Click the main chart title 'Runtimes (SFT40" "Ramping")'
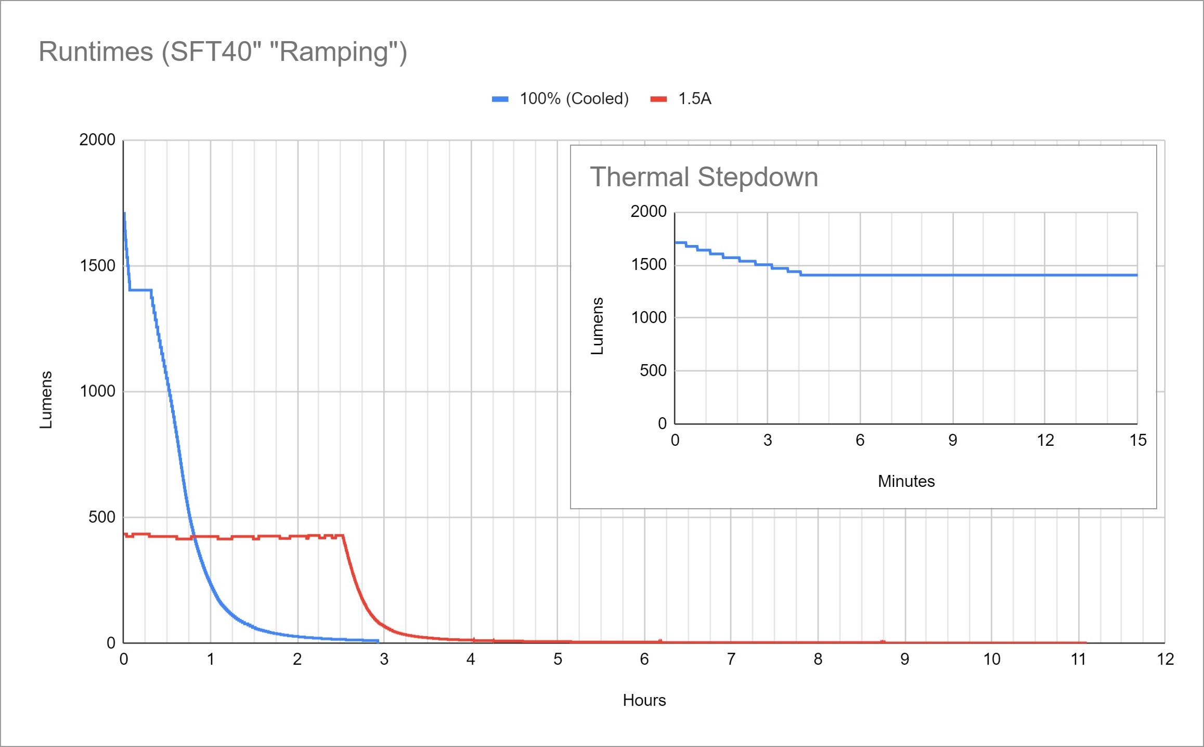click(x=223, y=52)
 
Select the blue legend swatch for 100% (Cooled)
click(x=500, y=99)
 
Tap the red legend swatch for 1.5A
click(x=658, y=99)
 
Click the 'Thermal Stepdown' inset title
click(x=704, y=177)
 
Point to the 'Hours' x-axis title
click(x=644, y=700)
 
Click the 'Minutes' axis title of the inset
click(x=906, y=481)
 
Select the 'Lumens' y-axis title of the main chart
click(x=46, y=400)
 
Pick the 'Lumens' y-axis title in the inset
click(x=598, y=326)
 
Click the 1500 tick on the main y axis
click(x=97, y=266)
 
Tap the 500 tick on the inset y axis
click(x=653, y=370)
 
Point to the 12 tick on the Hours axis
click(x=1165, y=660)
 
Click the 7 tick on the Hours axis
click(x=731, y=660)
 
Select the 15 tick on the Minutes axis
click(x=1137, y=441)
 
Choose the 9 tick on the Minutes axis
click(x=952, y=441)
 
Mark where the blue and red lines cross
click(x=194, y=536)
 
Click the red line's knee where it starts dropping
click(x=343, y=535)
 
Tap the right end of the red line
click(x=1085, y=642)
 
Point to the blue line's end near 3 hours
click(x=378, y=641)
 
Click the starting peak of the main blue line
click(x=124, y=213)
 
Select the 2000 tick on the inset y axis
click(x=648, y=211)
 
